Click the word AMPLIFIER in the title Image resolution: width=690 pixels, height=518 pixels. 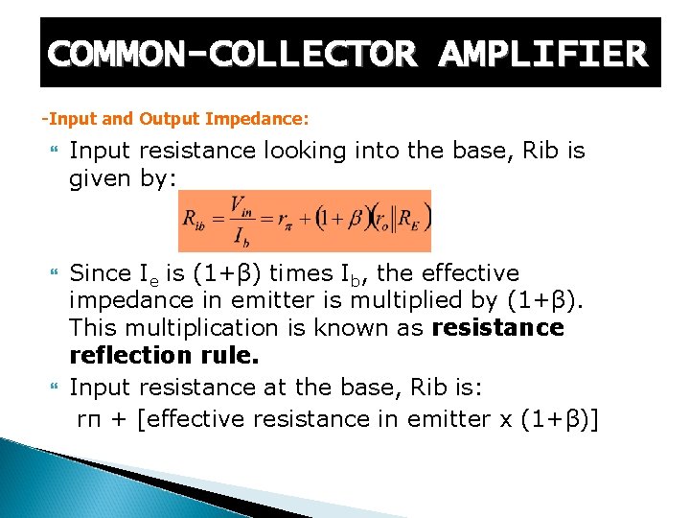(x=542, y=54)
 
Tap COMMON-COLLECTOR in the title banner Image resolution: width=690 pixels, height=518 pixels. (x=232, y=54)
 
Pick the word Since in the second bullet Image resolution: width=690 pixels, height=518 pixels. (x=100, y=273)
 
